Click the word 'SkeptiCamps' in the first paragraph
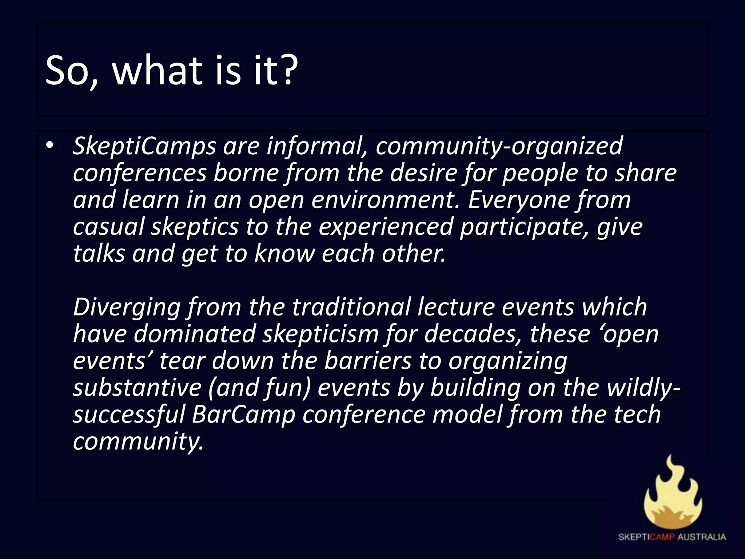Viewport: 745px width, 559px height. pos(144,146)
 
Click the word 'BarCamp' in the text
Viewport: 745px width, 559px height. pos(243,415)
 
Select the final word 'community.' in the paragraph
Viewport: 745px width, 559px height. pos(138,441)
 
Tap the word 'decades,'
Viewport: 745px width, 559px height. pos(473,334)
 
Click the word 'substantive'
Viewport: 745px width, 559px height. pos(137,388)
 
